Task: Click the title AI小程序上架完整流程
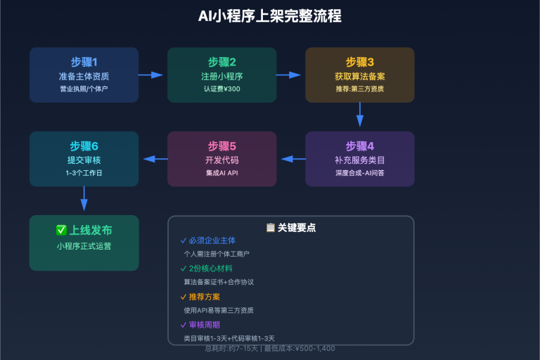(270, 16)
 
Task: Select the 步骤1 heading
(84, 62)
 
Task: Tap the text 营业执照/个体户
(84, 89)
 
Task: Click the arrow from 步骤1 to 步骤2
(150, 75)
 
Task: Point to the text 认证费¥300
(221, 89)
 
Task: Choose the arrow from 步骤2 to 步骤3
(288, 75)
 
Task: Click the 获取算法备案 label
(359, 76)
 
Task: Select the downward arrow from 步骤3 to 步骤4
(359, 115)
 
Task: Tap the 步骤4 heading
(359, 146)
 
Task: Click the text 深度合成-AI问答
(359, 173)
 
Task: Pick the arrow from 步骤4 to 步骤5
(292, 159)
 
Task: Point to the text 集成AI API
(221, 173)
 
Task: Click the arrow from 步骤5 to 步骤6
(155, 159)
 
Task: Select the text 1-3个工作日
(84, 173)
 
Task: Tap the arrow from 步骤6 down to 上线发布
(84, 199)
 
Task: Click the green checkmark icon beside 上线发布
(61, 230)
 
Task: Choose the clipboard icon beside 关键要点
(271, 227)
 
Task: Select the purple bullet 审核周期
(204, 325)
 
